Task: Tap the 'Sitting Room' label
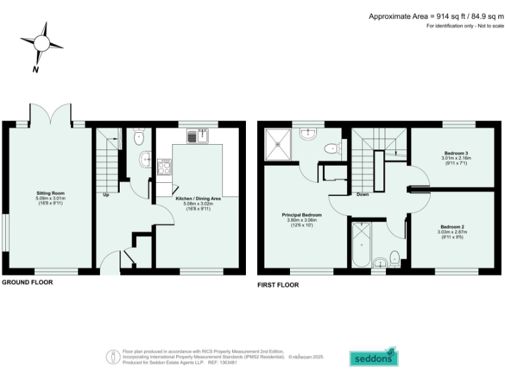[x=48, y=193]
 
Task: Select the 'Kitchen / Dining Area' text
[x=198, y=197]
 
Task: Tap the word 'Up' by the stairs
[x=105, y=195]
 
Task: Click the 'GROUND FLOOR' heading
[x=27, y=282]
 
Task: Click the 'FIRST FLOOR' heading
[x=277, y=285]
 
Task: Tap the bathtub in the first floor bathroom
[x=362, y=245]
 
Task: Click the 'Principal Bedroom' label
[x=302, y=215]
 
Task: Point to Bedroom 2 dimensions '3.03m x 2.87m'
[x=453, y=232]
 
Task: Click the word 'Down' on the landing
[x=362, y=195]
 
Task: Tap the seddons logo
[x=373, y=357]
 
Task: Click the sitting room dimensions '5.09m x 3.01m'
[x=48, y=198]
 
